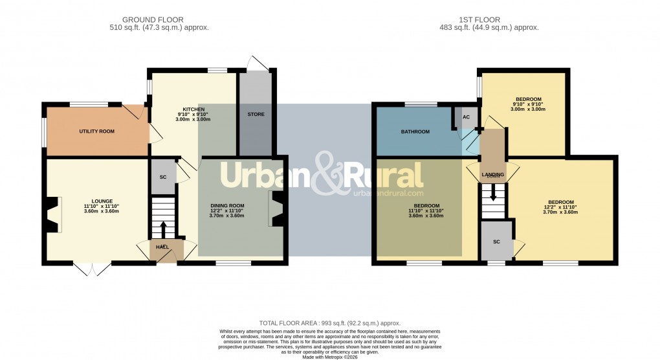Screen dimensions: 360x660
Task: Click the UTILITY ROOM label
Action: (96, 131)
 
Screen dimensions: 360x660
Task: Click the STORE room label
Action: (256, 115)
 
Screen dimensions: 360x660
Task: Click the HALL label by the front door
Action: (162, 247)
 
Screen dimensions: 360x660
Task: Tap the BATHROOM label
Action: (415, 132)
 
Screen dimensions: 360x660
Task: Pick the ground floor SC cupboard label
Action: (162, 175)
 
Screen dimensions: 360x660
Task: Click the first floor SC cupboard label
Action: (496, 242)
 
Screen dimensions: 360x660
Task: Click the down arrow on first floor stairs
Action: (493, 193)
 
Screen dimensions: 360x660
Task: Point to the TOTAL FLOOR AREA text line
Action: (329, 322)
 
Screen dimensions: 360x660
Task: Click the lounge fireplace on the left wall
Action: (52, 214)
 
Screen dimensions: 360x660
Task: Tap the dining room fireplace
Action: (277, 208)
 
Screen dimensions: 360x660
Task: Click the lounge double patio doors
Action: (91, 269)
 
